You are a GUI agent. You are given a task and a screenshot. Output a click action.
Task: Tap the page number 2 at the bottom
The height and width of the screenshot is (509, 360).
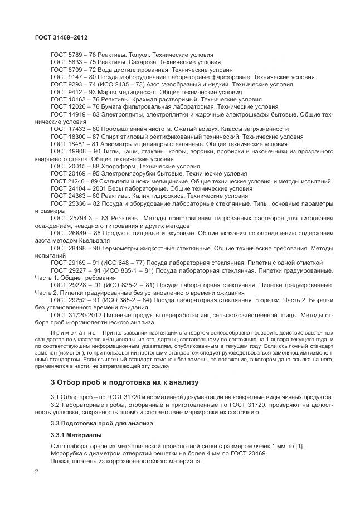click(x=36, y=472)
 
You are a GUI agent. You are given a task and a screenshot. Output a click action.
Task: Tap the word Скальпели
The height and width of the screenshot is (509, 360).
click(x=114, y=181)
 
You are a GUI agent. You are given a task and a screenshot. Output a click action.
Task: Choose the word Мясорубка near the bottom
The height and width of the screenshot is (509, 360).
click(x=67, y=454)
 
